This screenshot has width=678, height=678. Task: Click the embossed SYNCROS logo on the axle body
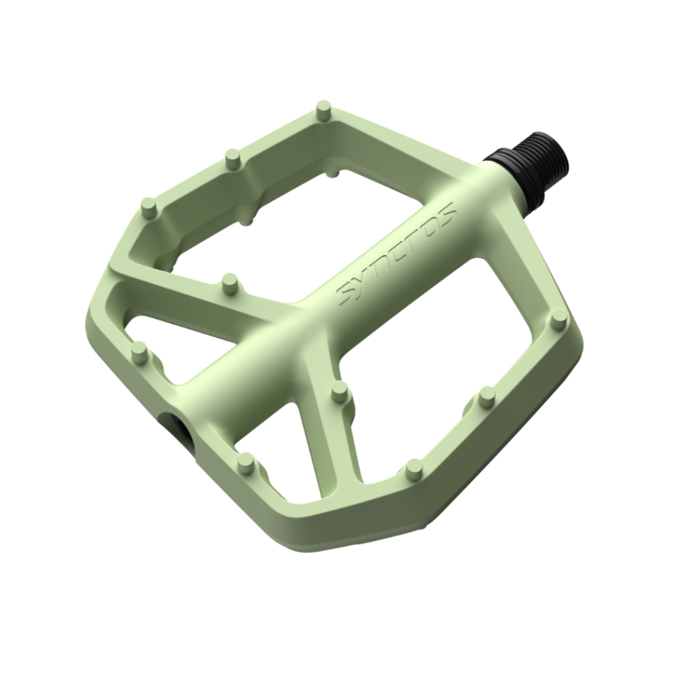[397, 254]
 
